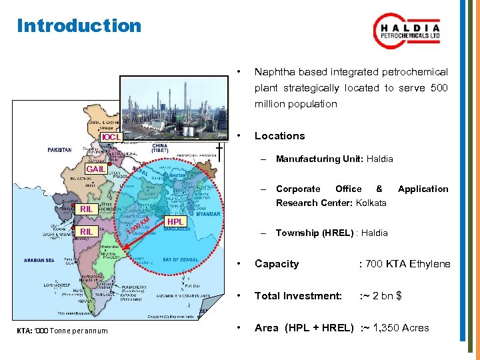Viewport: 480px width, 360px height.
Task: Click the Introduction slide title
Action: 79,26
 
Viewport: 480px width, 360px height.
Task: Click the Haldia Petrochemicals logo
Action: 408,33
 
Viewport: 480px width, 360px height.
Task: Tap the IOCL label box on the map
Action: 111,137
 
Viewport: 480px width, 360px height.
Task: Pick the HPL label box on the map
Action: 176,222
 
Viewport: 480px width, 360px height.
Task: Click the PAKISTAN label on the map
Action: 59,150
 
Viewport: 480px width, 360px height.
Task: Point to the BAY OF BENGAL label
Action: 180,259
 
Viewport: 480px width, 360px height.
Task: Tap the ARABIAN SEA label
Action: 39,260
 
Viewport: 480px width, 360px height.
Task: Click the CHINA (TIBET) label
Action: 160,147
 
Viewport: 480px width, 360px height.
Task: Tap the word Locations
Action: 279,136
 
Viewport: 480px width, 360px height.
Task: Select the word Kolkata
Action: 371,203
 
